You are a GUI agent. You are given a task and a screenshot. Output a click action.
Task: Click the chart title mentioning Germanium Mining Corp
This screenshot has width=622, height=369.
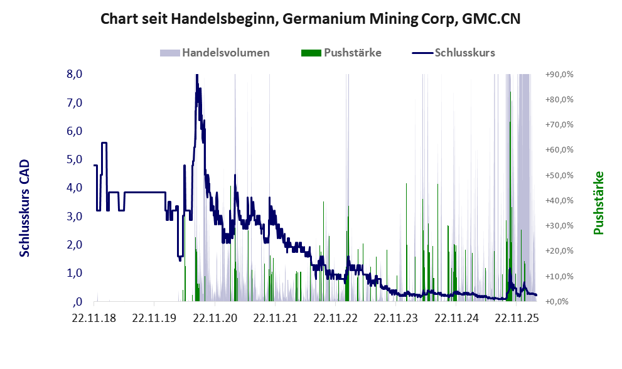coord(311,19)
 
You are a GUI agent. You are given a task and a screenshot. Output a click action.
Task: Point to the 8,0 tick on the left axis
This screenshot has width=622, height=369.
coord(74,74)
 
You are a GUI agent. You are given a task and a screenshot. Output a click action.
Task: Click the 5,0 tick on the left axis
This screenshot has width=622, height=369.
coord(74,159)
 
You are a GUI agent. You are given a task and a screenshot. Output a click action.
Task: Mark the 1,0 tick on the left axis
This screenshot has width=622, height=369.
coord(74,273)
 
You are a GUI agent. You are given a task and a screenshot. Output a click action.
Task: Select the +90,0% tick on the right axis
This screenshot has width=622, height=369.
coord(559,74)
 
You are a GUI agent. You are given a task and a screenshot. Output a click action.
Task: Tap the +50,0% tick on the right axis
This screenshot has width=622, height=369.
coord(559,175)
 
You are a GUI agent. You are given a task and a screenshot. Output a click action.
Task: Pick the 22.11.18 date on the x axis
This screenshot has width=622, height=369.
coord(94,318)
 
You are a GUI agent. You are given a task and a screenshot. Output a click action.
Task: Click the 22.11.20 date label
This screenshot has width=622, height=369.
coord(215,318)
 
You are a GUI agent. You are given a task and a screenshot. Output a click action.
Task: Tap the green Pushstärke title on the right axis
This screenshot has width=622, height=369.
coord(598,203)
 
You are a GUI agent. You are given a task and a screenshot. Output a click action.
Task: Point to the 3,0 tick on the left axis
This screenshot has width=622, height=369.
coord(74,217)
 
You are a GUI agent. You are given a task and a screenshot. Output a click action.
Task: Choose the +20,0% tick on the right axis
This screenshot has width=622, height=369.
coord(559,251)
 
